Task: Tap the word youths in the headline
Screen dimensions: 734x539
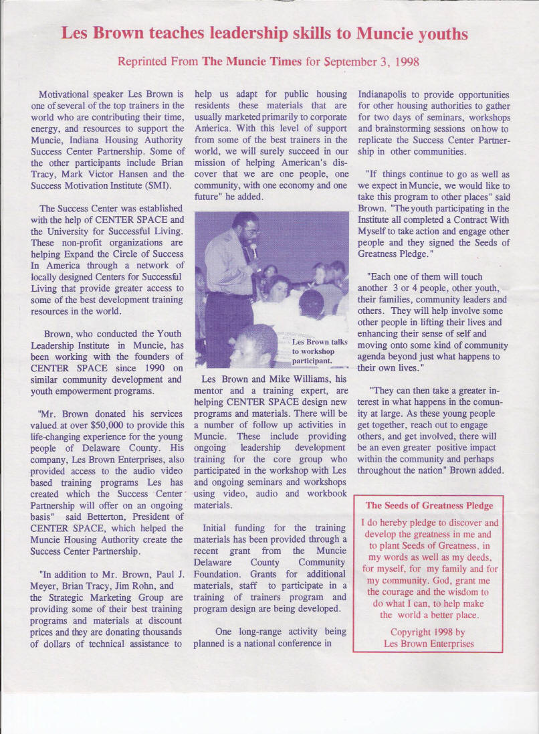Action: (x=442, y=33)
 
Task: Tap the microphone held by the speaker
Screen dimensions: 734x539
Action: (x=253, y=252)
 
